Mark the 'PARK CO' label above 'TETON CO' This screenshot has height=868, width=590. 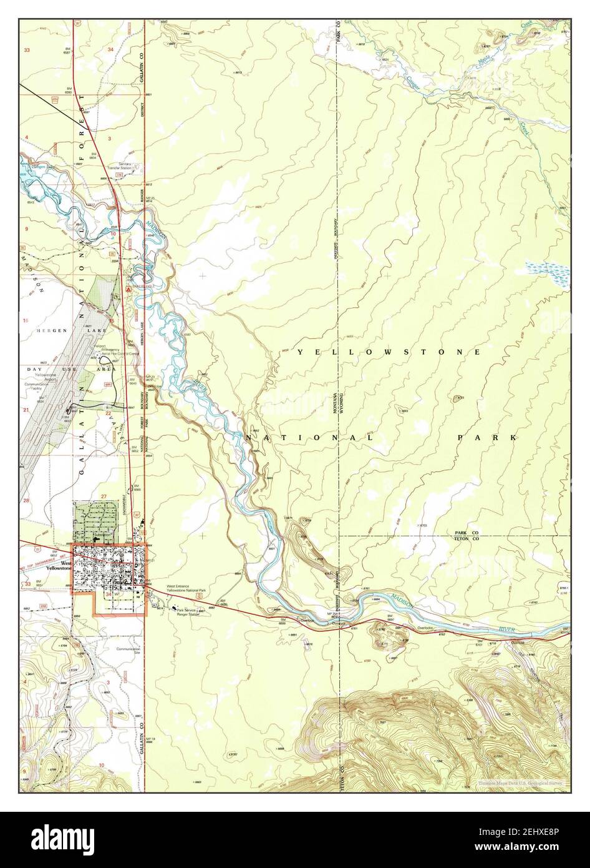click(467, 532)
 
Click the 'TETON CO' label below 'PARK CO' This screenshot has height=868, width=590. click(467, 538)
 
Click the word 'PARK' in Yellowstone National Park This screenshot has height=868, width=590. click(487, 438)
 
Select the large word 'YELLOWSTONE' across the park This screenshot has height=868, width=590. click(389, 352)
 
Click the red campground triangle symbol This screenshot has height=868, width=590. click(127, 290)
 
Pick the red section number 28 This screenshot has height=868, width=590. click(26, 501)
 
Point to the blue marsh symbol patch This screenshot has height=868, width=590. click(546, 270)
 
